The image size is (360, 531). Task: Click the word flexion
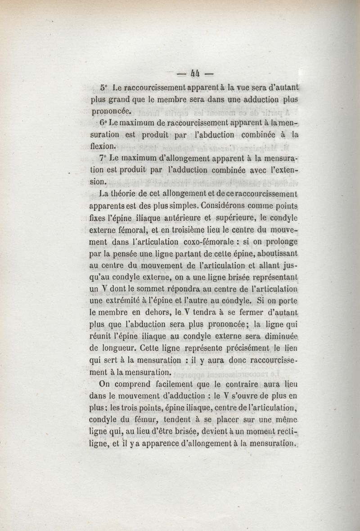pyautogui.click(x=103, y=146)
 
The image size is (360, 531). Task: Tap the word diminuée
pyautogui.click(x=279, y=336)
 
